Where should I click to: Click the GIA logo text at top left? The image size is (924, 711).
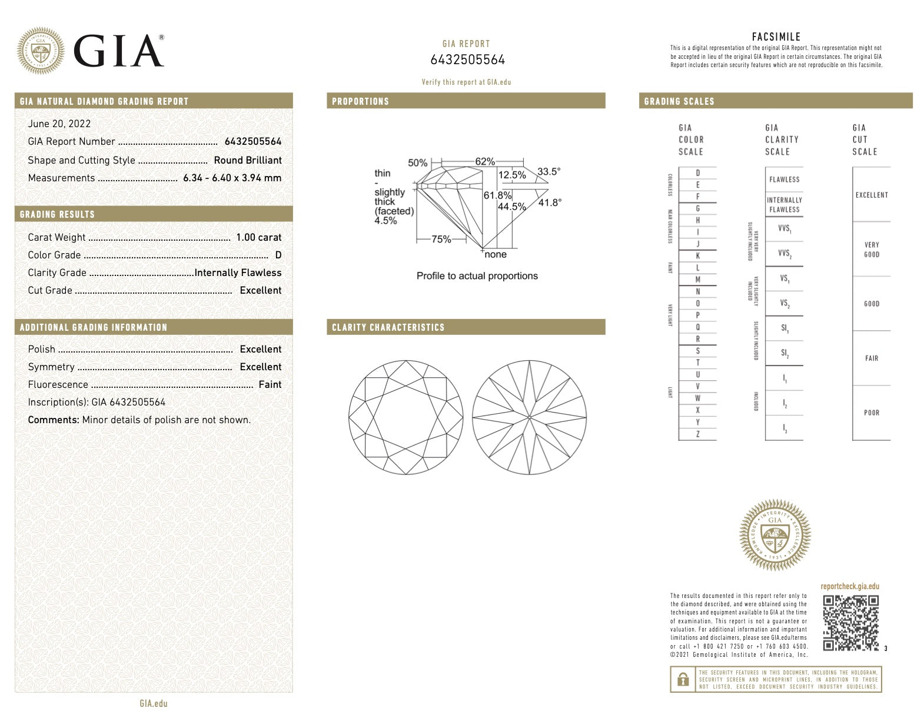pos(118,51)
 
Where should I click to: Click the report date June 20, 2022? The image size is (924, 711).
pos(59,124)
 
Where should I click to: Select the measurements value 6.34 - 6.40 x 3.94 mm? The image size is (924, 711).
pos(232,178)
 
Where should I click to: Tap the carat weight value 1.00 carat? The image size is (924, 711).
pos(258,237)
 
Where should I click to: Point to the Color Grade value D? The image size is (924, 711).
pos(278,255)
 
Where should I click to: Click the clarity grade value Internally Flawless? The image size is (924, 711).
pos(238,273)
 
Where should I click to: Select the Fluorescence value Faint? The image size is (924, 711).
pos(270,384)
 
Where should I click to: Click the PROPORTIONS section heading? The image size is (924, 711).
pos(360,101)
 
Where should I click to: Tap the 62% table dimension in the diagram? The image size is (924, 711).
pos(485,162)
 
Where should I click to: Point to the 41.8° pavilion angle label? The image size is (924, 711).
pos(550,202)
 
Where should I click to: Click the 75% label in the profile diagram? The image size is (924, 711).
pos(441,239)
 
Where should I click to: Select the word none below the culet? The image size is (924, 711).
pos(495,254)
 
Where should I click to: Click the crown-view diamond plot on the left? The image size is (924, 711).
pos(406,417)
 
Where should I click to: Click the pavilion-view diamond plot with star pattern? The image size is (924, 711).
pos(529,417)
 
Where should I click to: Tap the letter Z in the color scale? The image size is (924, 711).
pos(698,434)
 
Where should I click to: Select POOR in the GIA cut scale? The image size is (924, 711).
pos(872,413)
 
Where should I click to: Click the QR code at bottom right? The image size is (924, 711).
pos(850,623)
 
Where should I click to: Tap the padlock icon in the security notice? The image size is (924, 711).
pos(683,680)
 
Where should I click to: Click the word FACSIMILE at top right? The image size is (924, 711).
pos(776,37)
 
